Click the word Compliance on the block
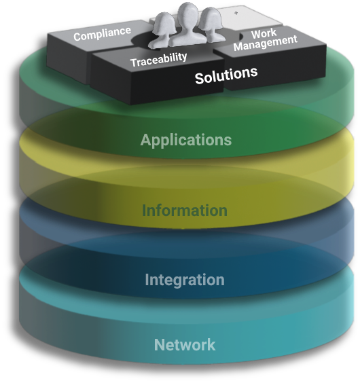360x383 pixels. [102, 34]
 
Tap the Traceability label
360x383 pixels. [159, 60]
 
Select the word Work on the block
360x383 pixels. [264, 34]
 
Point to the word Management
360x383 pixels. [266, 43]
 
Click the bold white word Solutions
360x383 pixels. [226, 75]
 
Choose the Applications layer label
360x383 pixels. [186, 140]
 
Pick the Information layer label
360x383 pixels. [185, 211]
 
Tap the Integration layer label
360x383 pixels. [185, 280]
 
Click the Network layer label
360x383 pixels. [185, 345]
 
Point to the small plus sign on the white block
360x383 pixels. [236, 13]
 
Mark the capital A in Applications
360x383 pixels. [145, 140]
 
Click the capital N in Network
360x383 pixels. [160, 345]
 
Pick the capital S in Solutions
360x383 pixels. [200, 78]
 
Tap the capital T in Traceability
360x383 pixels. [134, 62]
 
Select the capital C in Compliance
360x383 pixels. [77, 37]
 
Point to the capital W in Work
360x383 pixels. [256, 35]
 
